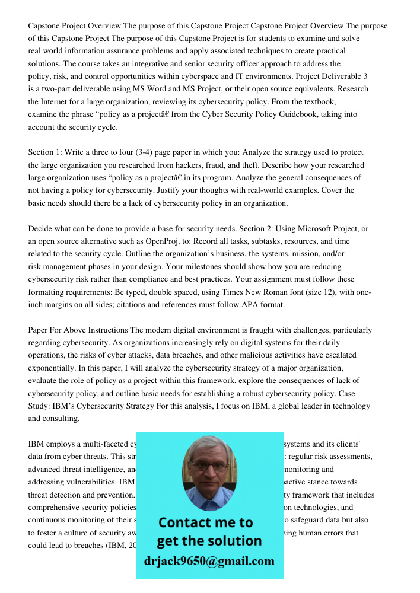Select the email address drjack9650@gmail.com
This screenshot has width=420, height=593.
(x=209, y=561)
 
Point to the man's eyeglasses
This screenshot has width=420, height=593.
(x=208, y=466)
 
